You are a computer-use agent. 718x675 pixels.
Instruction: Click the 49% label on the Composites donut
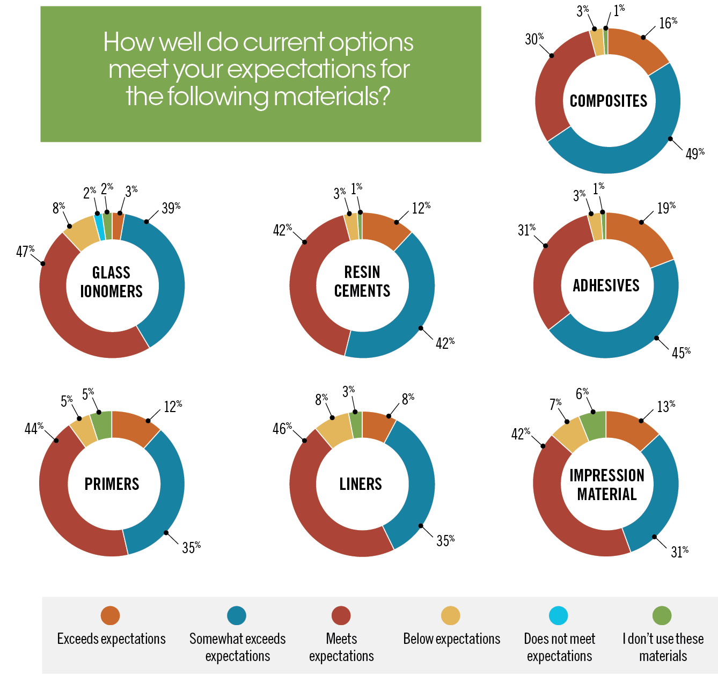coord(694,154)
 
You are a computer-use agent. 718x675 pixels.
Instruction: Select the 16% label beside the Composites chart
coord(668,23)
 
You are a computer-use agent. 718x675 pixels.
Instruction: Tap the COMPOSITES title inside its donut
coord(609,101)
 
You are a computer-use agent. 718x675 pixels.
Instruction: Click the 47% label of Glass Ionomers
coord(25,251)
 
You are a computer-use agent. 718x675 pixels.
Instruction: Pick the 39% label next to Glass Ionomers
coord(171,208)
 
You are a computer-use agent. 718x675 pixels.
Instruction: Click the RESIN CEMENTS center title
coord(362,281)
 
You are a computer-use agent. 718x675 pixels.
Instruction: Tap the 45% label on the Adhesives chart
coord(680,353)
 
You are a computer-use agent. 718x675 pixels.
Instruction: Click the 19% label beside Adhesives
coord(666,208)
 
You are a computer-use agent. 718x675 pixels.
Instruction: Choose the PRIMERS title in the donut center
coord(112,484)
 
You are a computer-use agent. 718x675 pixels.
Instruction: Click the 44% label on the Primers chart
coord(34,429)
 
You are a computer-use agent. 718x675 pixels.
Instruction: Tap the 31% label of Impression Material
coord(679,552)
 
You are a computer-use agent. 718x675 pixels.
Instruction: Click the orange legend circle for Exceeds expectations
coord(110,615)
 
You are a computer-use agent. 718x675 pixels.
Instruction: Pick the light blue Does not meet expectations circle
coord(559,615)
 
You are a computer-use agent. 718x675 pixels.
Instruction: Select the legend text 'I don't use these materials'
coord(663,647)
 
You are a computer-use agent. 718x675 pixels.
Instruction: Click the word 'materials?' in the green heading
coord(331,97)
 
